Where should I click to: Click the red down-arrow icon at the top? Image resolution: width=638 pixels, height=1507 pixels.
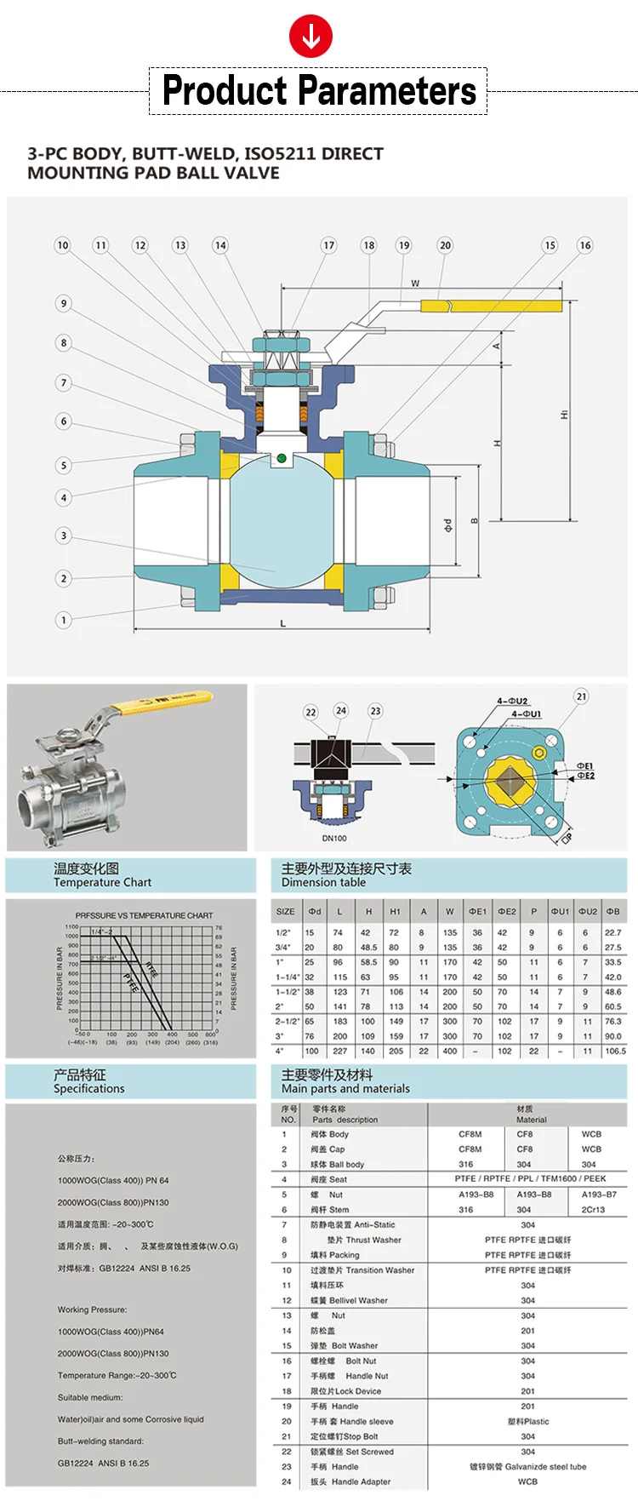click(310, 37)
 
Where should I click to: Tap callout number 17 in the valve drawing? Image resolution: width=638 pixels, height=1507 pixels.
click(328, 245)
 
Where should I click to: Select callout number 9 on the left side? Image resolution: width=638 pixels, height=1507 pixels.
click(63, 303)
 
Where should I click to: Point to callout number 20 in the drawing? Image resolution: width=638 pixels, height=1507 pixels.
click(445, 245)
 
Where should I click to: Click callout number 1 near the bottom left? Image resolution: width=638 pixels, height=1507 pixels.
click(63, 620)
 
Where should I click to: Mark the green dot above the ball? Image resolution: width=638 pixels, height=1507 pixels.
click(281, 459)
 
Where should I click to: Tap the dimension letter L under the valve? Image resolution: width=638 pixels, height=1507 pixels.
click(283, 624)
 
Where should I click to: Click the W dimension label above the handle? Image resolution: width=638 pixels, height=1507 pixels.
click(415, 284)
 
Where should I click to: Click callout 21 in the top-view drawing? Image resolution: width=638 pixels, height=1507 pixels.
click(581, 696)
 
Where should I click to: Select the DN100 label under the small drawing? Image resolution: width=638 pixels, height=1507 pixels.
click(334, 839)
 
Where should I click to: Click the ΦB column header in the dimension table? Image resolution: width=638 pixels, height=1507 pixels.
click(612, 911)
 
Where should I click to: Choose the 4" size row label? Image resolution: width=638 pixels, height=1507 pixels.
click(280, 1051)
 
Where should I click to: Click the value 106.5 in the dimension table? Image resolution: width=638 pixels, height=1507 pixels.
click(614, 1051)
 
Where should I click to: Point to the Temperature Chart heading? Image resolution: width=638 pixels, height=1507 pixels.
click(102, 883)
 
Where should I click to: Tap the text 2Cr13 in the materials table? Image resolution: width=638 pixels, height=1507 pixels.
click(593, 1209)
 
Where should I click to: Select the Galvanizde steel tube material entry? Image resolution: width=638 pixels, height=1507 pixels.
click(527, 1466)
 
